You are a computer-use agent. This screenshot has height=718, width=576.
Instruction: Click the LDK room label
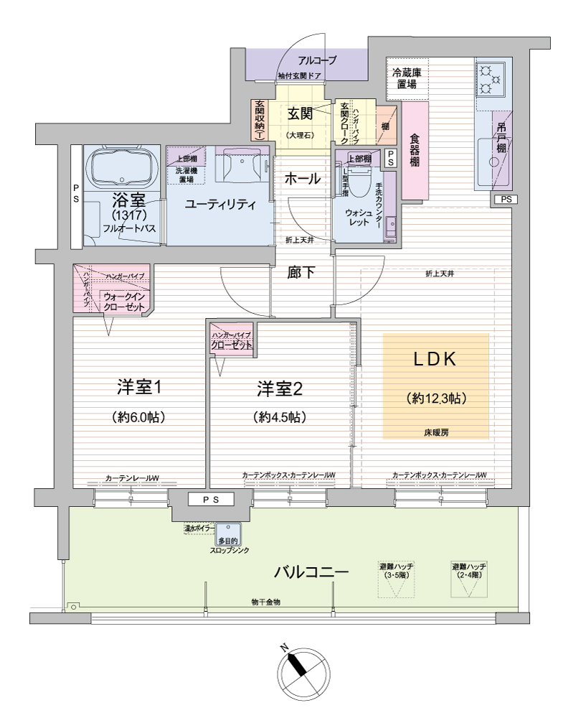coord(435,360)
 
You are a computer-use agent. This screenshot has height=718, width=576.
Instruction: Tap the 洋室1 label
coord(140,388)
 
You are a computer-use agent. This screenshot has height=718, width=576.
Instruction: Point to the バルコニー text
coord(311,573)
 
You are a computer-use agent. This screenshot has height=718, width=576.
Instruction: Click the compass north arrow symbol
coord(301,668)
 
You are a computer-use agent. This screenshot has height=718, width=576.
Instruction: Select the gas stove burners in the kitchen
coord(491,79)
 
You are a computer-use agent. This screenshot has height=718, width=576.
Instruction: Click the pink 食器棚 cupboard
coord(415,151)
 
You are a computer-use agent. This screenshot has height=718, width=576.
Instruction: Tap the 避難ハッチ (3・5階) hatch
coord(396,580)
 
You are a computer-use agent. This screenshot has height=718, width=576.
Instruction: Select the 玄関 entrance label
coord(301,113)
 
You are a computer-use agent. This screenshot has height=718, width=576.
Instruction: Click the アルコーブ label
coord(316,60)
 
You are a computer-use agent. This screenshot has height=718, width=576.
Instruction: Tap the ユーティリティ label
coord(220,205)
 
